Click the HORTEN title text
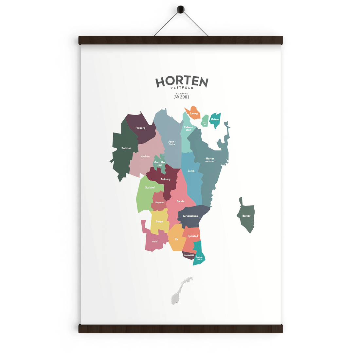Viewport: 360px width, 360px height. point(182,82)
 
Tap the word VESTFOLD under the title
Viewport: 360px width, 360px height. point(182,88)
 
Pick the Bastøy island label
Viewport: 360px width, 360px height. point(246,216)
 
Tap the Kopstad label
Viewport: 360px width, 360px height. point(126,148)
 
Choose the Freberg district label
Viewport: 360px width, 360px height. point(140,128)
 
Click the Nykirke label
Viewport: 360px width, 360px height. point(145,156)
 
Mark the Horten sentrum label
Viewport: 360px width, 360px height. point(210,160)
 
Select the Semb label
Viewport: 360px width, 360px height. point(191,171)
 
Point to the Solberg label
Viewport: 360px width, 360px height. point(166,179)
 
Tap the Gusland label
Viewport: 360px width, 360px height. point(150,188)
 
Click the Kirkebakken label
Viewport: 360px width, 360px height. point(190,216)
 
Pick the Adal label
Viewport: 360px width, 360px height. point(155,242)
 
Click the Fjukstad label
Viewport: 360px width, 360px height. point(193,236)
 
